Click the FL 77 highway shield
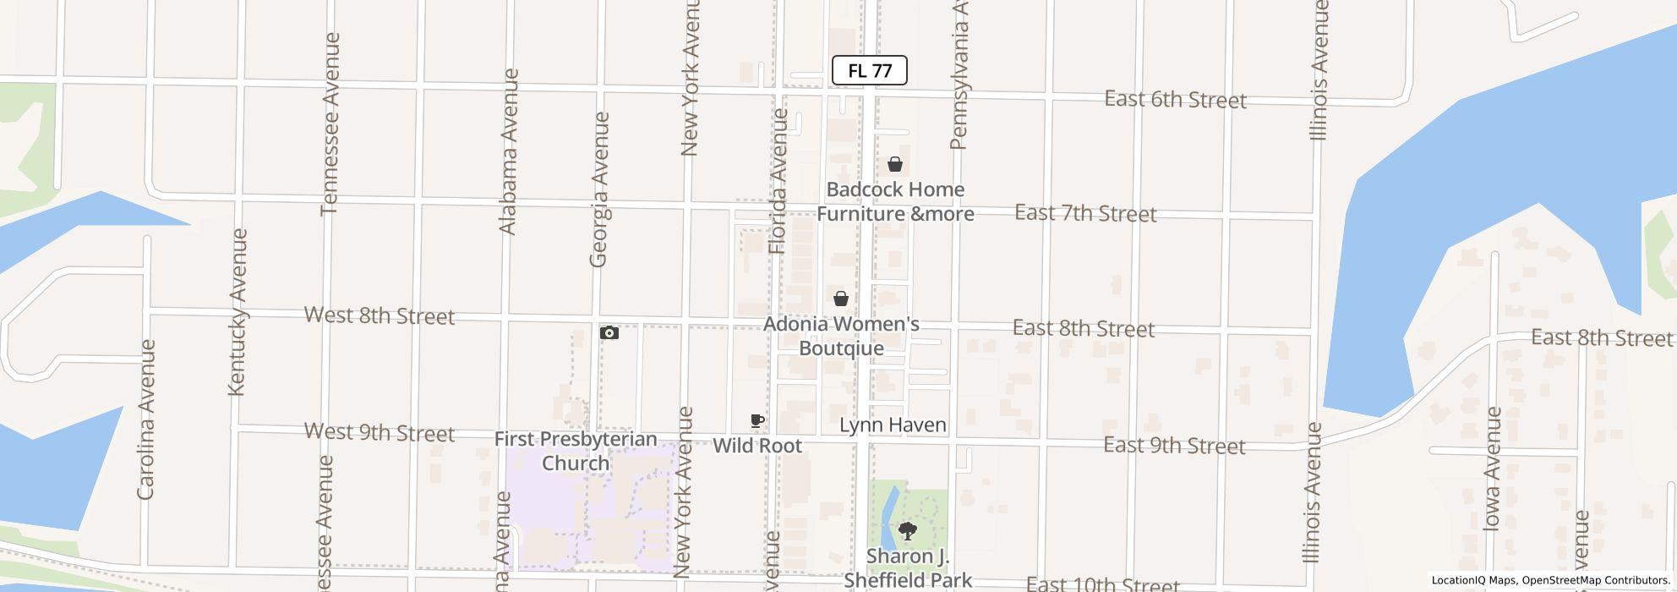coord(869,71)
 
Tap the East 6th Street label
coord(1175,100)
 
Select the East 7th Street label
coord(1085,213)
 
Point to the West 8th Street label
coord(379,315)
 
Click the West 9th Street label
coord(379,433)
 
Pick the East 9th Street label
coord(1174,446)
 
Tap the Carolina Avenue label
coord(146,419)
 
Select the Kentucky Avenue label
coord(238,311)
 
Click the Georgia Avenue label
coord(599,190)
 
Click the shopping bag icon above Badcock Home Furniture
coord(895,164)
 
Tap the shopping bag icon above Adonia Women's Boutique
coord(841,299)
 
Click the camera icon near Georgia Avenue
coord(609,333)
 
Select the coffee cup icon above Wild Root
coord(757,420)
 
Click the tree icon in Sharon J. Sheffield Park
coord(908,532)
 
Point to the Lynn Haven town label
coord(893,425)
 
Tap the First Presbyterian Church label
coord(576,451)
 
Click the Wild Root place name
coord(757,446)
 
